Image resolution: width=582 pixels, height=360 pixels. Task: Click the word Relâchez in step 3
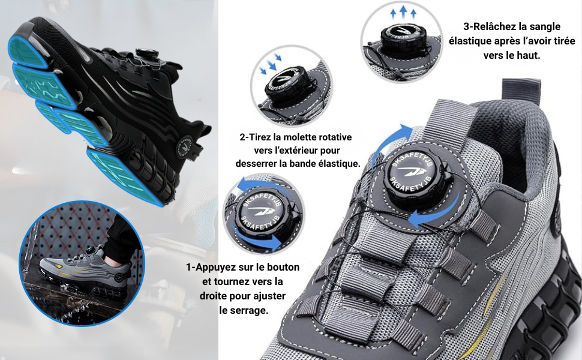[x=495, y=27]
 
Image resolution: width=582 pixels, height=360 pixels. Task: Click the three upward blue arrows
[x=403, y=13]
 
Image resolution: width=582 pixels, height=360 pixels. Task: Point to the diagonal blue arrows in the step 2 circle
[x=271, y=62]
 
